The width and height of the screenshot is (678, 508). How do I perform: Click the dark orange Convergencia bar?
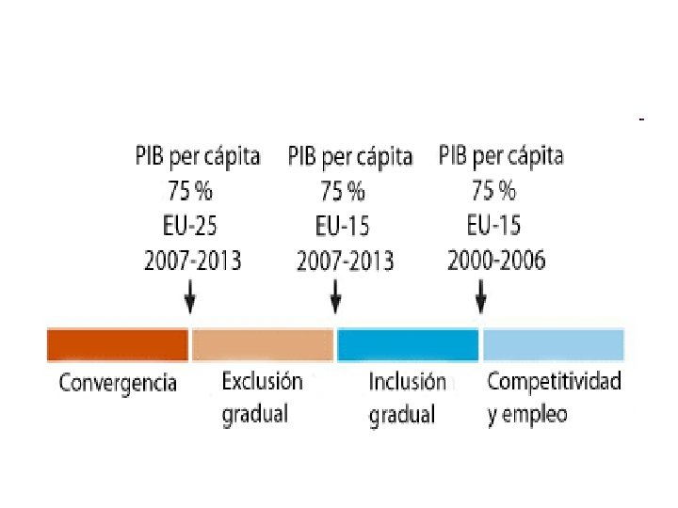tap(118, 344)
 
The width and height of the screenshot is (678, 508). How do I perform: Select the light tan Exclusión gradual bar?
tap(263, 344)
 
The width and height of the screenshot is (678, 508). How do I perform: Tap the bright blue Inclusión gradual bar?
tap(408, 344)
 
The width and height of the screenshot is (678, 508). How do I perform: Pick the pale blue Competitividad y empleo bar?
tap(554, 344)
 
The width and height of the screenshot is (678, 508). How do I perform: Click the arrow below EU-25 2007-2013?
tap(190, 296)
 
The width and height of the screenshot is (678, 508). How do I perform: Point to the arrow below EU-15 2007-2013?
tap(335, 296)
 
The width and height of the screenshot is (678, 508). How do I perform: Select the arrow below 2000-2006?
tap(481, 296)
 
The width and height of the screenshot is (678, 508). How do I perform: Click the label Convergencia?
tap(118, 383)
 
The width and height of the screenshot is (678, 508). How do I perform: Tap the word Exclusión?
tap(262, 381)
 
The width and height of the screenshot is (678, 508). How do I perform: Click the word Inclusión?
tap(408, 382)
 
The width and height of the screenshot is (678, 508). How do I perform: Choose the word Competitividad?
tap(555, 381)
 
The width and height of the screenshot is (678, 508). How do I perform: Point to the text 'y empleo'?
tap(527, 414)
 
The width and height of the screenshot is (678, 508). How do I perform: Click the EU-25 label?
tap(190, 226)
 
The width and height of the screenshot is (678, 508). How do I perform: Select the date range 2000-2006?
tap(496, 261)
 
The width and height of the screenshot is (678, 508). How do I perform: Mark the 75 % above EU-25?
tap(190, 191)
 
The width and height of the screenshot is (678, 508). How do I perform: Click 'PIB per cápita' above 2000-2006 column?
tap(501, 156)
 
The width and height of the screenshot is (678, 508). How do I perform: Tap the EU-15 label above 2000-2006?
tap(493, 226)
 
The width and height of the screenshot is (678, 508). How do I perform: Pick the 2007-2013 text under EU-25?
tap(192, 261)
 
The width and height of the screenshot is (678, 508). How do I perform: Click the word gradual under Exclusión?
tap(254, 414)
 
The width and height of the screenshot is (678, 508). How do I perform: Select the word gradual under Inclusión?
tap(402, 415)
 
